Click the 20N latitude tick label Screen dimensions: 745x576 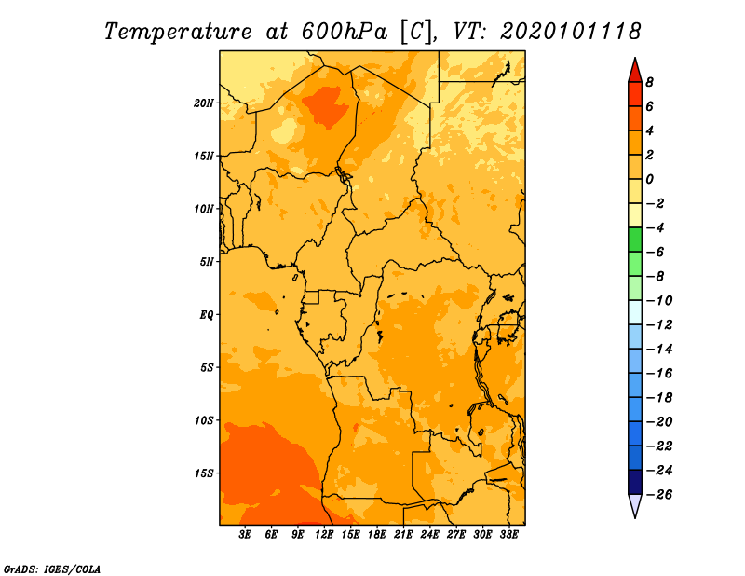(204, 103)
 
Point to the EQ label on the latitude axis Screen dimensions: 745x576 (207, 315)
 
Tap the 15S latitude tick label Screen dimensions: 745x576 (204, 473)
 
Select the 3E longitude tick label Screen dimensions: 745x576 (245, 535)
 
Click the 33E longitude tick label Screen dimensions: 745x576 (508, 535)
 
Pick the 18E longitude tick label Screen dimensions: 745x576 (377, 535)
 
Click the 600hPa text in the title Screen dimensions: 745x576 (345, 32)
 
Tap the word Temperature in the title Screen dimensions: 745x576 (178, 33)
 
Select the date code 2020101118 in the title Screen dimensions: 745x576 (571, 32)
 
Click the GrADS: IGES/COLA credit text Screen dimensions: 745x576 (52, 569)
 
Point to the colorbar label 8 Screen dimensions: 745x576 (649, 82)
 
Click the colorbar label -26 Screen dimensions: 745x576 (659, 495)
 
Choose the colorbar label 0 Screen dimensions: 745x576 (649, 179)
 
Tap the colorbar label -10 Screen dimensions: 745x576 (659, 301)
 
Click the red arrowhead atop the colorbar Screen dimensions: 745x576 (635, 71)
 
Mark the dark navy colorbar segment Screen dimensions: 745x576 (635, 482)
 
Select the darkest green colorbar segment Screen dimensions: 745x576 (635, 240)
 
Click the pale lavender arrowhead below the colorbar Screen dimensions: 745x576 (635, 505)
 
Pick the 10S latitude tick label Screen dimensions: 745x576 (204, 421)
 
